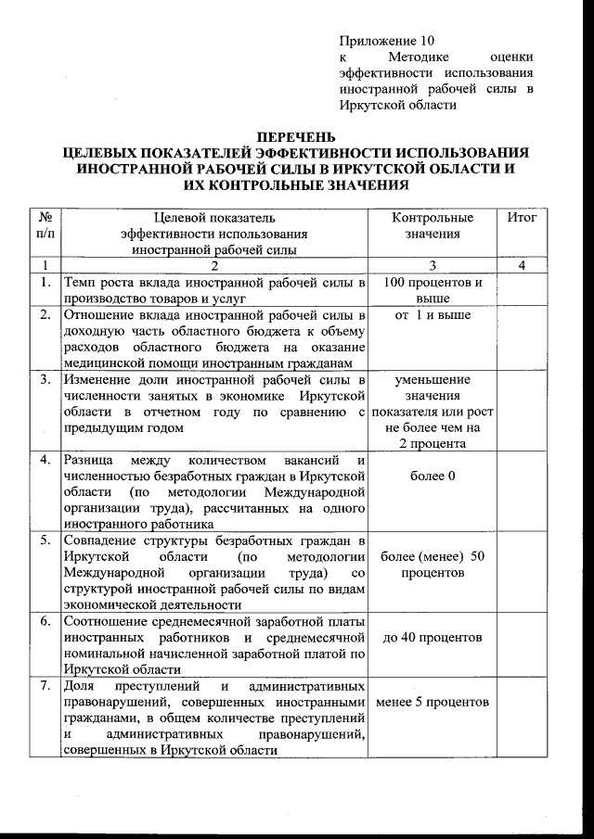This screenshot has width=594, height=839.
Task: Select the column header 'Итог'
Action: click(523, 218)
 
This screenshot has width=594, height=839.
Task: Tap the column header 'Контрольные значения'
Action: click(433, 226)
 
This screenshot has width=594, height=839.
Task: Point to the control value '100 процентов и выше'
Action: click(433, 290)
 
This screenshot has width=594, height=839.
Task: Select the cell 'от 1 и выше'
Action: click(433, 316)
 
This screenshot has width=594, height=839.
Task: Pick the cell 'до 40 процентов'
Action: click(433, 638)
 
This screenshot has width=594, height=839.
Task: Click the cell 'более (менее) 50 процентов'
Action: click(433, 566)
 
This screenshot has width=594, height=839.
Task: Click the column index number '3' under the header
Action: click(433, 266)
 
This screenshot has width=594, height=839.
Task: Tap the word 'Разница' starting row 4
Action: click(88, 460)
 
